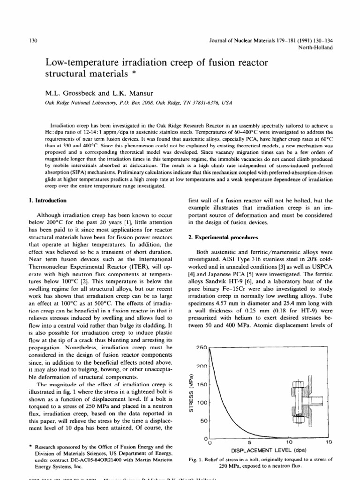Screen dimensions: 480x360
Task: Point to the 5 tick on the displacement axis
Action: pyautogui.click(x=249, y=442)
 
